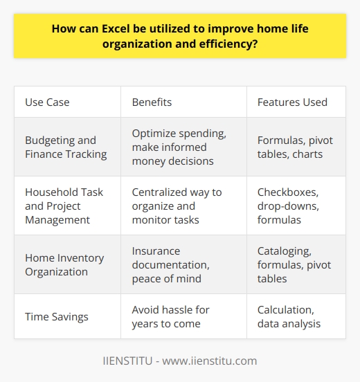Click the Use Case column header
[48, 102]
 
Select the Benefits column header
[152, 102]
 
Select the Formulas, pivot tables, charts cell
[294, 147]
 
